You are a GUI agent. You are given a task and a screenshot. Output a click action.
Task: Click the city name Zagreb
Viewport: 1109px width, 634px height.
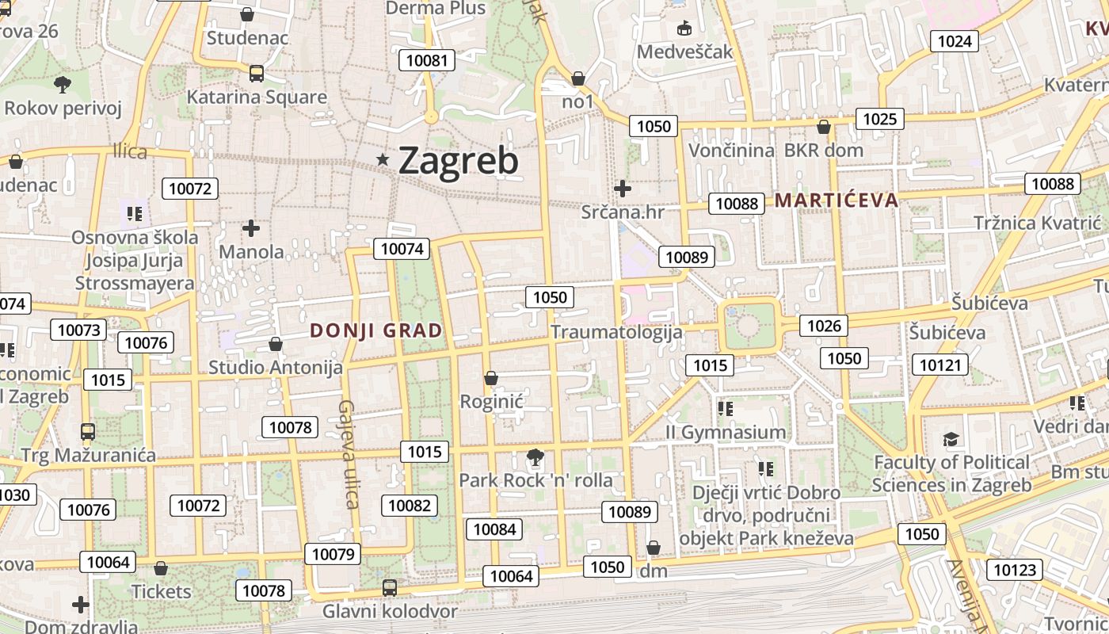(459, 161)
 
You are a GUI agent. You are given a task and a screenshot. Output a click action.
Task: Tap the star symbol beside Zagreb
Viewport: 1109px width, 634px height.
(383, 160)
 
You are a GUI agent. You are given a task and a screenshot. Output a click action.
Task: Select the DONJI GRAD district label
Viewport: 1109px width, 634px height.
(376, 331)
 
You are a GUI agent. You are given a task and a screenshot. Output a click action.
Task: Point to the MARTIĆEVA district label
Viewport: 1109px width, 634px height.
(837, 200)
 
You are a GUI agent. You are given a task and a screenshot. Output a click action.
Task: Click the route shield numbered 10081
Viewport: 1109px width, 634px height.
(428, 60)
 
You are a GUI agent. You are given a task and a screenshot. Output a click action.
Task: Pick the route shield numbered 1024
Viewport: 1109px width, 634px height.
(954, 41)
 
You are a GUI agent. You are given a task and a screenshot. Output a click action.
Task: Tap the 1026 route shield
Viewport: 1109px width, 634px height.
(824, 325)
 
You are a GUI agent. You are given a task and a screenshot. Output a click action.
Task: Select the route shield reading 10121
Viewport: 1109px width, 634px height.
(940, 365)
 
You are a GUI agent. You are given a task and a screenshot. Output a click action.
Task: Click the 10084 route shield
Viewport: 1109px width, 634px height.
(494, 529)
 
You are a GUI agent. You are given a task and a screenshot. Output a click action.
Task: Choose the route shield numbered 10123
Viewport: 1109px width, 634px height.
(1014, 570)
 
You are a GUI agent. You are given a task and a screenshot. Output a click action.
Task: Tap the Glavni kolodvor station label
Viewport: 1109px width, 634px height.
(390, 612)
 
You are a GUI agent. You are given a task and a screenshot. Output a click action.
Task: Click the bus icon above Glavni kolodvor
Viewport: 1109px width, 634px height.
(390, 588)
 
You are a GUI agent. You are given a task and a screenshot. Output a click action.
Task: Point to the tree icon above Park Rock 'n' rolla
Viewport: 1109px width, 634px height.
(535, 457)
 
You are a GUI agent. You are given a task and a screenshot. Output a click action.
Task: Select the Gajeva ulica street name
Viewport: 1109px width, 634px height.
(349, 453)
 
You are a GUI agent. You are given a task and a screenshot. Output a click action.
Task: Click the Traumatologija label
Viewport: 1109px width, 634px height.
(616, 331)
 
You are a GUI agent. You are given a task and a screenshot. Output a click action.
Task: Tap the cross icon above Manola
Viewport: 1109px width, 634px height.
(251, 229)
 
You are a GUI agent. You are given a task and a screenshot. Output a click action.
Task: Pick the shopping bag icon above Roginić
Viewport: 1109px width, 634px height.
(491, 378)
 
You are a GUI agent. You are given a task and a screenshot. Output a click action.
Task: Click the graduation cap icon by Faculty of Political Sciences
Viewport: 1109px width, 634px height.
(951, 440)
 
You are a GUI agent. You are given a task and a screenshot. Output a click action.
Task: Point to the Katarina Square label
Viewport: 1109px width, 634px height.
(257, 97)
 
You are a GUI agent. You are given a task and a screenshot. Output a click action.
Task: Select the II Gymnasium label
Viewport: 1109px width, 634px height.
(726, 433)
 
